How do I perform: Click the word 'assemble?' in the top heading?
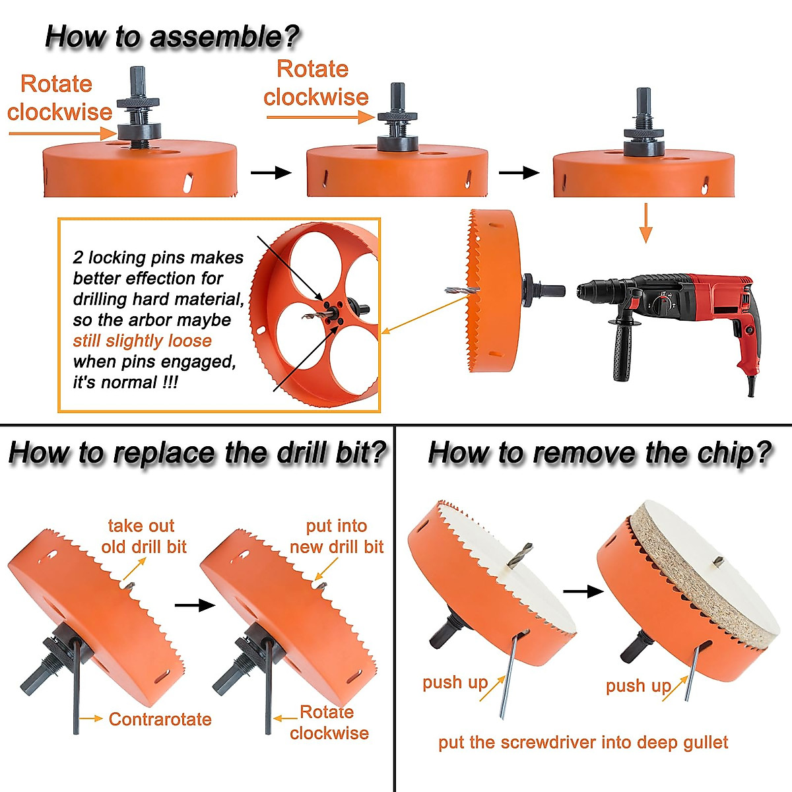click(224, 36)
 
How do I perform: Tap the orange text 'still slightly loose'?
click(142, 341)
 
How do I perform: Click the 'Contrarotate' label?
click(160, 719)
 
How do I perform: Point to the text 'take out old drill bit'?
click(143, 536)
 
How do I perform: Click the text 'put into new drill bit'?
click(337, 536)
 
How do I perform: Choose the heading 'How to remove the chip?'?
click(599, 453)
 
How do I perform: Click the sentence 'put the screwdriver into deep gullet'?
click(583, 742)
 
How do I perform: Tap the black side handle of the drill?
click(620, 350)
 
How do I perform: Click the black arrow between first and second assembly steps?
click(271, 173)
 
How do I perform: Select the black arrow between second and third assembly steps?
click(519, 173)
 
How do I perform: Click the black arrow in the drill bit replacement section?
click(195, 605)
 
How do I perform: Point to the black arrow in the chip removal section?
click(583, 591)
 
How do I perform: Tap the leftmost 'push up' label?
click(455, 682)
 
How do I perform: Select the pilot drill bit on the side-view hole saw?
click(459, 291)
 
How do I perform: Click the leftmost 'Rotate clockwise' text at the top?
click(59, 98)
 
